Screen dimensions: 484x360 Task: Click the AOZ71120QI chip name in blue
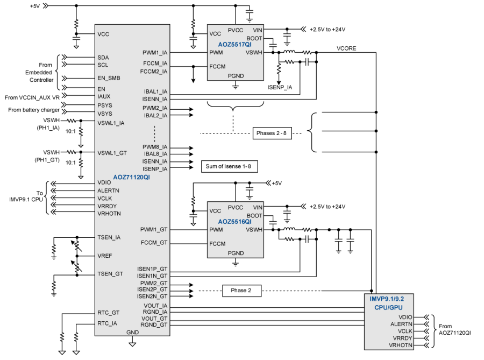(132, 177)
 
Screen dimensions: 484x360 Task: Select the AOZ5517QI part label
(234, 45)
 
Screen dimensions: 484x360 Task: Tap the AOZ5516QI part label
(234, 222)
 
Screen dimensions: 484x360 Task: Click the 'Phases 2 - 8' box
(272, 133)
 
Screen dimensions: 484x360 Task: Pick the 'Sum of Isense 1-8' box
(229, 166)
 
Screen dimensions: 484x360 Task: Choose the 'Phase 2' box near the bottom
(241, 291)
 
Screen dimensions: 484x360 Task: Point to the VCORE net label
(346, 48)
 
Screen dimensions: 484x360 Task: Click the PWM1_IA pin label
(155, 53)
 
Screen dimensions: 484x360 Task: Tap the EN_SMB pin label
(109, 78)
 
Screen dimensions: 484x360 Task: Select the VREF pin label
(105, 256)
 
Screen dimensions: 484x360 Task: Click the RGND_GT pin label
(154, 325)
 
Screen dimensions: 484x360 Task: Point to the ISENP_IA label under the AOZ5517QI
(280, 87)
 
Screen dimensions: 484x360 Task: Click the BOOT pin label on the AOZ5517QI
(254, 38)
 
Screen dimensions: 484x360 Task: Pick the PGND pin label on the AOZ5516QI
(236, 253)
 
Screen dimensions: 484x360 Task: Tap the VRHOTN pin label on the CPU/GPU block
(400, 345)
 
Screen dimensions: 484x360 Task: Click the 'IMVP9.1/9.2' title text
(387, 299)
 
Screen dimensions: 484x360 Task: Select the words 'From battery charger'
(34, 110)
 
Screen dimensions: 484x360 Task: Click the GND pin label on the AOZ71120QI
(132, 333)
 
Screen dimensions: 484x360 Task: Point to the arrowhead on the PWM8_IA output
(191, 148)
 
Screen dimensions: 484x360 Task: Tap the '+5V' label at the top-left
(35, 6)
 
